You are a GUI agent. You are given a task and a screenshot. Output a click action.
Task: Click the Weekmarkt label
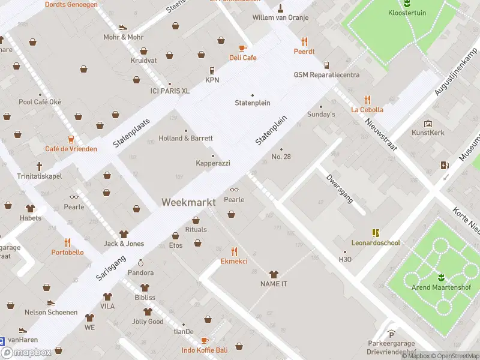point(188,203)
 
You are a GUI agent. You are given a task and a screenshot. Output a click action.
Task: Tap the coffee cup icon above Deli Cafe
point(242,48)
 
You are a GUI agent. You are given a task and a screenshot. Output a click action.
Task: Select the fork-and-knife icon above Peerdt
point(304,41)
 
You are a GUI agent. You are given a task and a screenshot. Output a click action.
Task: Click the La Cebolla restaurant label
point(367,110)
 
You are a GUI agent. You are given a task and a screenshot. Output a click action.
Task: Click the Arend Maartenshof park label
point(441,287)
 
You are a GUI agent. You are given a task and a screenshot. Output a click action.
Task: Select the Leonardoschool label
point(376,243)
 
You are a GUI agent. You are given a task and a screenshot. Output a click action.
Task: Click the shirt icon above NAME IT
point(274,274)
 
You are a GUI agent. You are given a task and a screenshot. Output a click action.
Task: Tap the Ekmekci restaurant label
point(234,262)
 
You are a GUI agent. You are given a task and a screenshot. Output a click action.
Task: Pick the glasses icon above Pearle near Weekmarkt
point(234,190)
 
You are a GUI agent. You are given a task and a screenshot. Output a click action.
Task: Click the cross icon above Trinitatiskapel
point(40,166)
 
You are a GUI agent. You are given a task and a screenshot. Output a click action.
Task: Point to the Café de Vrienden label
point(71,149)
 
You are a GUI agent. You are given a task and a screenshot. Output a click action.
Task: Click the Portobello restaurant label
point(67,253)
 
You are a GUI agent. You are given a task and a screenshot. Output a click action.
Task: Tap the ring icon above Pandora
point(140,263)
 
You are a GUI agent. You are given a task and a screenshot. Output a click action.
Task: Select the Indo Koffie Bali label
point(205,350)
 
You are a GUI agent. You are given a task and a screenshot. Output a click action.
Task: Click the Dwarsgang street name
point(339,189)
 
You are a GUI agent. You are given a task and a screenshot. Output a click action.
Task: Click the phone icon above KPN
point(212,70)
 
